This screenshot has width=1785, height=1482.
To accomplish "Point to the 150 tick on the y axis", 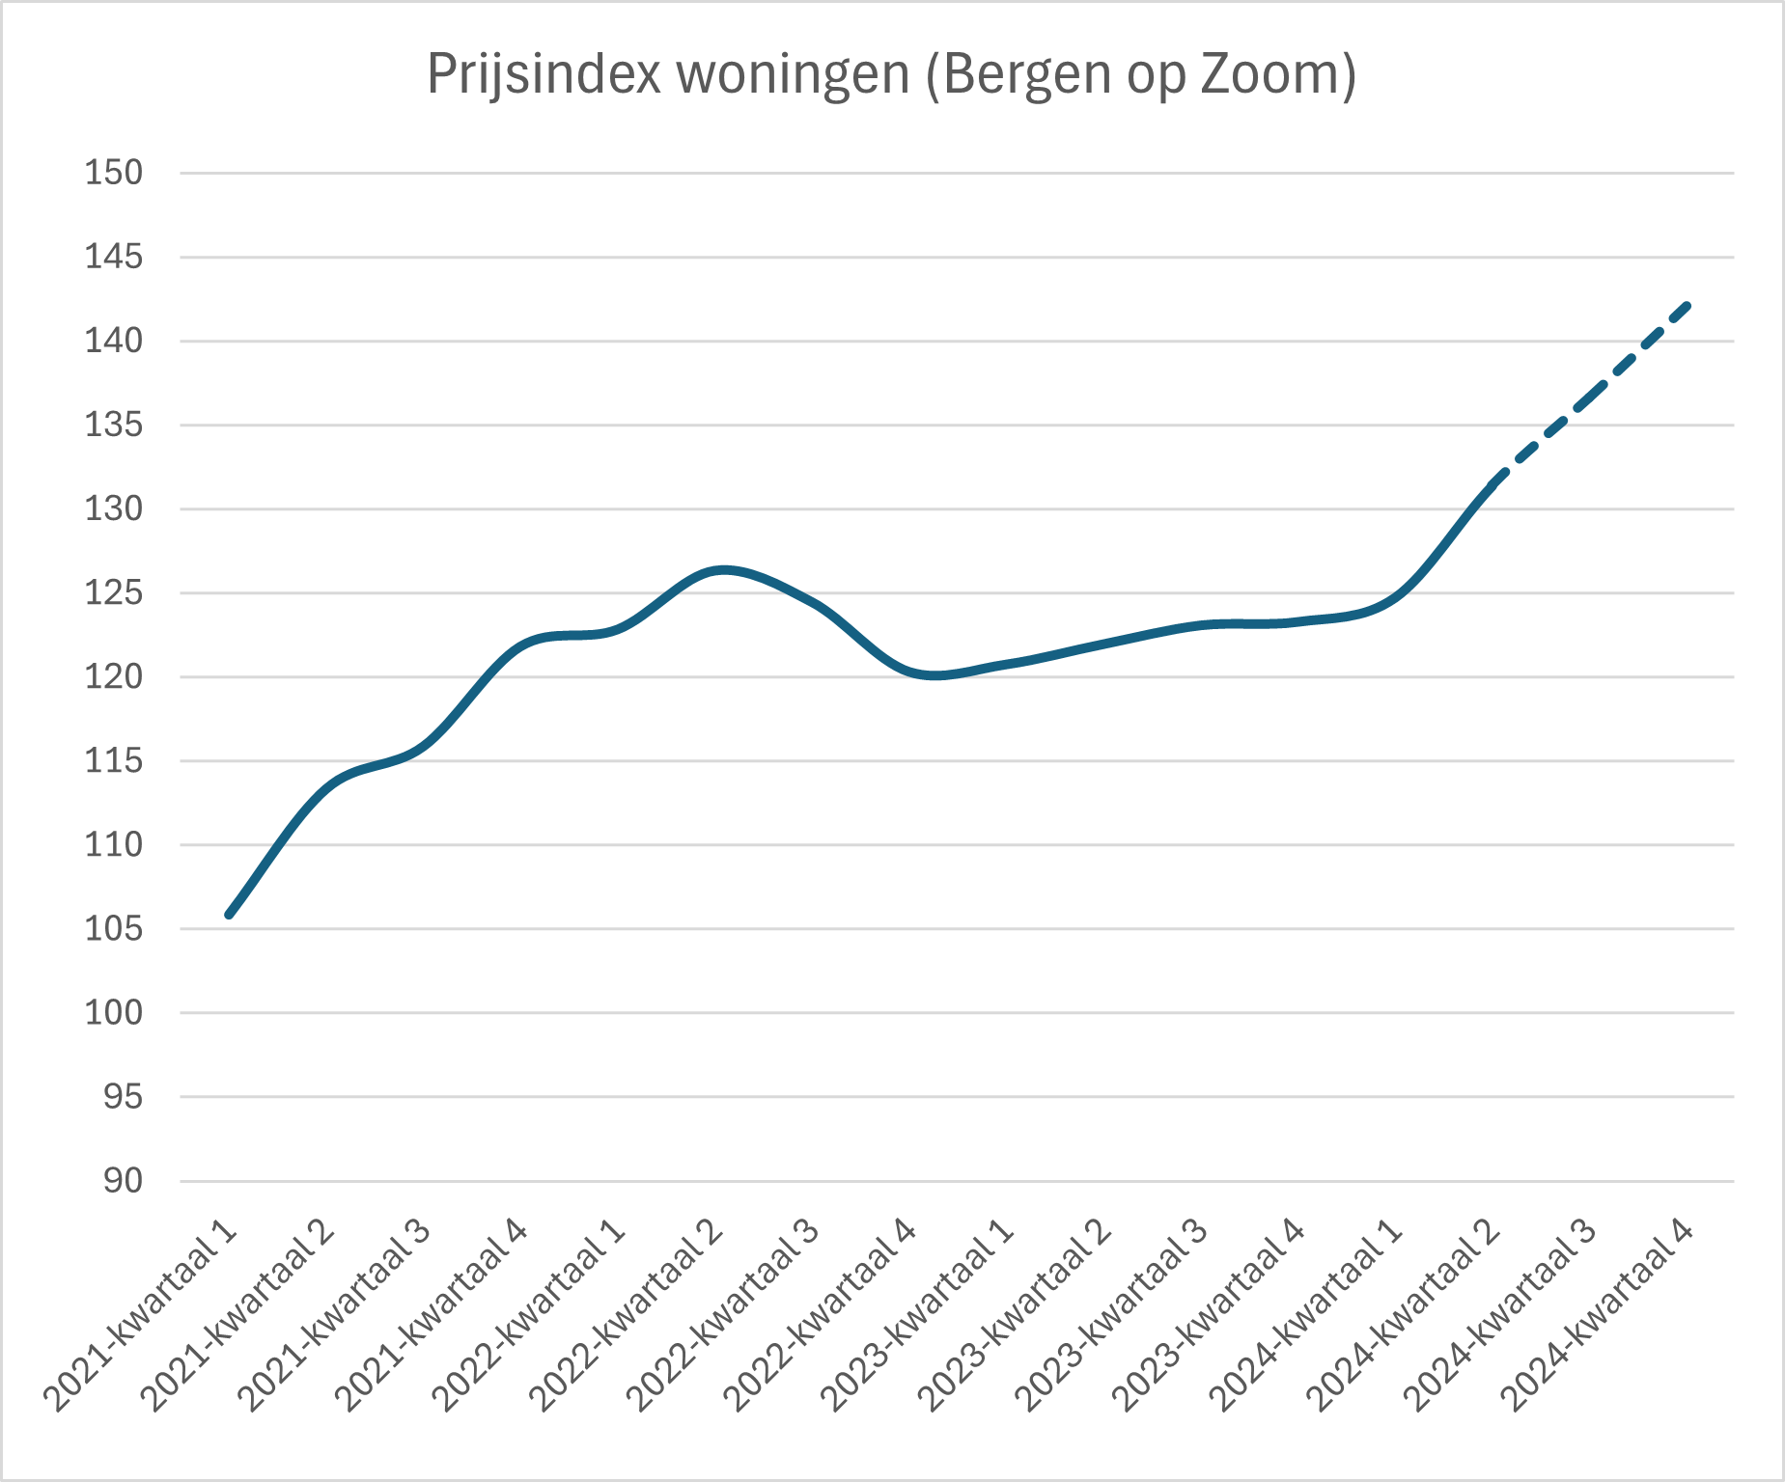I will click(x=114, y=174).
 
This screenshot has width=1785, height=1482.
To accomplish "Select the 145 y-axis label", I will click(x=114, y=258).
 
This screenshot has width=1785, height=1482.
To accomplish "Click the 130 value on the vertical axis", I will click(x=114, y=509).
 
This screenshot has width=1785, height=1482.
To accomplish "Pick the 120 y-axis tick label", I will click(x=114, y=677).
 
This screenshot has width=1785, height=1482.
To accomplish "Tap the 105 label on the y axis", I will click(x=114, y=929).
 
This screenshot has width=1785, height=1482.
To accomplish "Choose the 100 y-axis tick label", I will click(x=114, y=1013).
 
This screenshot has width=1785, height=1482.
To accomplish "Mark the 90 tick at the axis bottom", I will click(x=123, y=1181).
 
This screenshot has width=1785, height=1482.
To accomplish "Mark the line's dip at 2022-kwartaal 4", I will click(x=934, y=675).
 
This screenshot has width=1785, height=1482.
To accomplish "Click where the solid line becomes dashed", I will click(x=1493, y=482).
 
